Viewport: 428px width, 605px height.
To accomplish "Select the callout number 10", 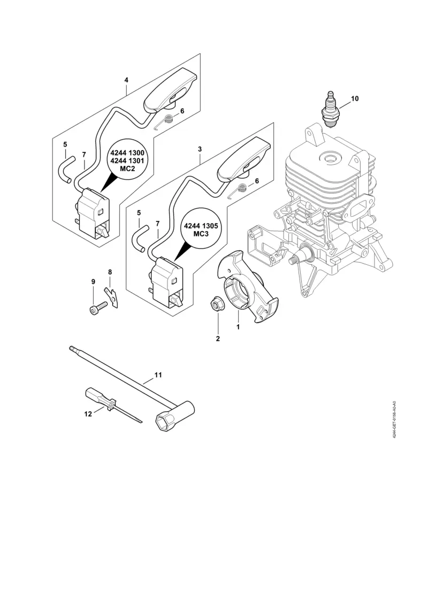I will tap(355, 98).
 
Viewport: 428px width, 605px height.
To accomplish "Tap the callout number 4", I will tap(126, 80).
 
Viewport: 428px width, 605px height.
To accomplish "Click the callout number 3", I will tap(200, 149).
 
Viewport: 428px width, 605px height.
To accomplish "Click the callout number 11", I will tap(158, 375).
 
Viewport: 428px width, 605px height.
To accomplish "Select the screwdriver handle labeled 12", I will tap(97, 398).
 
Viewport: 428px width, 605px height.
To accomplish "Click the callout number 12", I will tap(88, 413).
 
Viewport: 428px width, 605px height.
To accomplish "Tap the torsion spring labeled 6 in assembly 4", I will tap(168, 120).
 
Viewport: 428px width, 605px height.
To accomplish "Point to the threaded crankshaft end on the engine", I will tap(293, 260).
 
